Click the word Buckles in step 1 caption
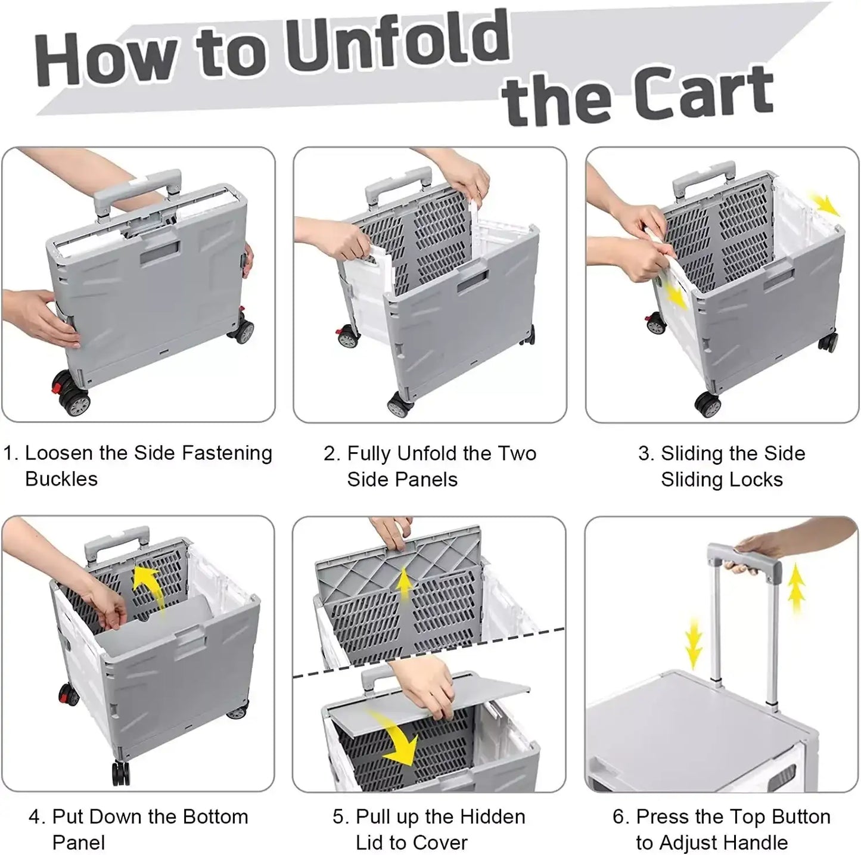[x=61, y=479]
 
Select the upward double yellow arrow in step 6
[x=796, y=588]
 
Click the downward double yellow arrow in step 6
[x=693, y=644]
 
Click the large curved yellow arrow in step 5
[x=397, y=739]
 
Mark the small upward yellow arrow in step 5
[x=405, y=583]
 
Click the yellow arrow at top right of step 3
[x=825, y=205]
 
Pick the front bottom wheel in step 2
[x=399, y=405]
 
